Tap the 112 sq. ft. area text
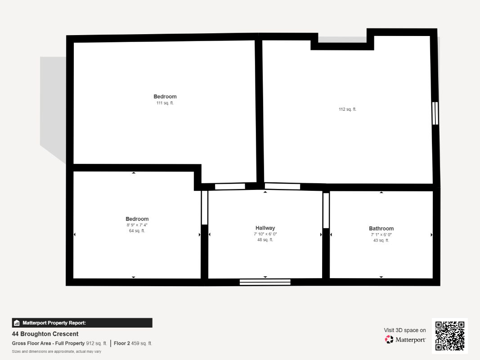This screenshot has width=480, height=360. point(347,109)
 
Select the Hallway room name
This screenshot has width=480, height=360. point(265,228)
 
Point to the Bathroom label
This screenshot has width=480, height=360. point(381,229)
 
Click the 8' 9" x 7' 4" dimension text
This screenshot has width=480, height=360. point(137,225)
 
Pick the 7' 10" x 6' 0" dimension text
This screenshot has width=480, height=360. point(265,234)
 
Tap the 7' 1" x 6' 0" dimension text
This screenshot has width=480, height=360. point(381,235)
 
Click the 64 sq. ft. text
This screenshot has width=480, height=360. point(137,231)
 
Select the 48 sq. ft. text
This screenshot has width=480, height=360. point(265,240)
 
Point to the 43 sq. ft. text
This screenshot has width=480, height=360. point(381,241)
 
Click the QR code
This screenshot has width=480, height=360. point(450,336)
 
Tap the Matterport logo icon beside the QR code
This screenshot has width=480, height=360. point(389,339)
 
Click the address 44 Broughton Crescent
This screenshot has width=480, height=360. point(45,334)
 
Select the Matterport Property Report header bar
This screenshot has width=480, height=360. point(82,323)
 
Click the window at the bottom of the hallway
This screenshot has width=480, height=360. point(265,282)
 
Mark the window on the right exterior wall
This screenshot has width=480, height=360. point(435,113)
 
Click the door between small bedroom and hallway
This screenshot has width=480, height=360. point(205,208)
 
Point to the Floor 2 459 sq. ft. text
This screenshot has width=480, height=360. point(133,343)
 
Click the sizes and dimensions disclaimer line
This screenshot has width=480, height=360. point(57,351)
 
